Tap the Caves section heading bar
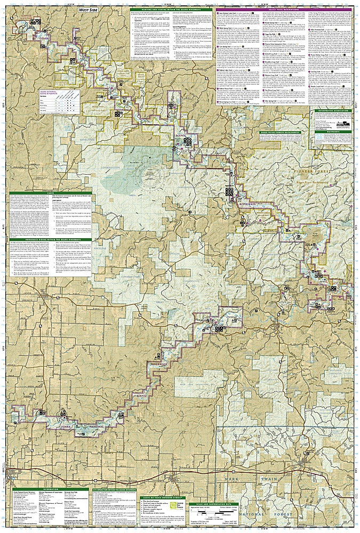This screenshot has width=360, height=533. pyautogui.click(x=51, y=193)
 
